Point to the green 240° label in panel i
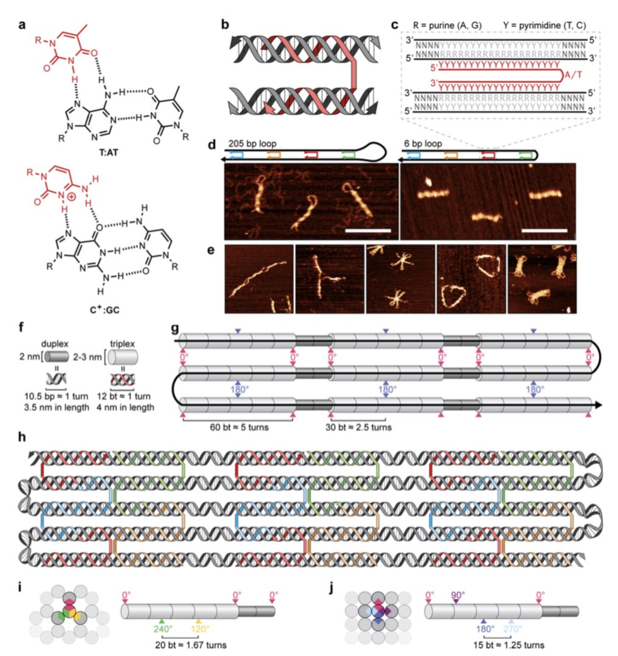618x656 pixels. (x=162, y=629)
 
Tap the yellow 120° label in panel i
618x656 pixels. (x=201, y=629)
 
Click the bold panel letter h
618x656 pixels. (x=22, y=439)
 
